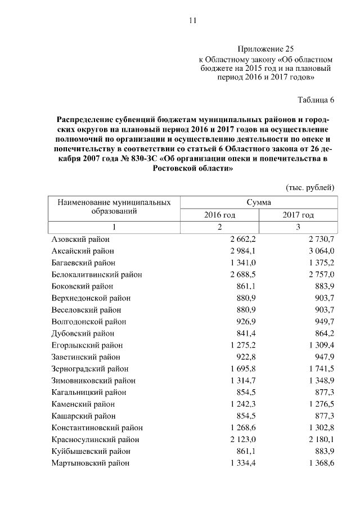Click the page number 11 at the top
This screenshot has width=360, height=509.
[x=192, y=21]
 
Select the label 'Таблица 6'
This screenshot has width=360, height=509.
[x=316, y=100]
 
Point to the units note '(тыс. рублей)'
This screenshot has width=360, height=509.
[x=310, y=187]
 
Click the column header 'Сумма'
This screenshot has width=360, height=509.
[x=259, y=202]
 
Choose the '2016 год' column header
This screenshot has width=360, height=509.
[x=219, y=215]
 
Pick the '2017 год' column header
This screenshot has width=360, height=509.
[x=298, y=215]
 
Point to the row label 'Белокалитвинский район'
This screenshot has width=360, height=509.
[x=96, y=274]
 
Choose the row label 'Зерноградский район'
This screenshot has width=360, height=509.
[x=89, y=369]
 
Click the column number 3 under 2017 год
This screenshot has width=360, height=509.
[x=298, y=227]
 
